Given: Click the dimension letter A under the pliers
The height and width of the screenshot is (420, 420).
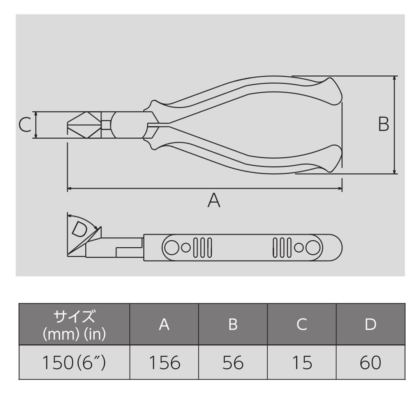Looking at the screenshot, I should [214, 201].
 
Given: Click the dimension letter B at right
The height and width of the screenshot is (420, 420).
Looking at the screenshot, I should [383, 124].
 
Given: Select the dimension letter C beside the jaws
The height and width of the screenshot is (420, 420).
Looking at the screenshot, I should [25, 125].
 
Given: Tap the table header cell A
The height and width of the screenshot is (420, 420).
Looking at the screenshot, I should [164, 324].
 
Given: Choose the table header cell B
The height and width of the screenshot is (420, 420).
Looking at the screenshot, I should [233, 324].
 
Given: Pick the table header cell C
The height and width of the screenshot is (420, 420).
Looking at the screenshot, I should [302, 324].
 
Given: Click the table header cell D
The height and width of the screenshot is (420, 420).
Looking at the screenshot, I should [370, 324].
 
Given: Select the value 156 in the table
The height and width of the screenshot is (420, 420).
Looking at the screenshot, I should [164, 363].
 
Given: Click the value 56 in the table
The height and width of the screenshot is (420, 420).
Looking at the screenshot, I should [233, 363].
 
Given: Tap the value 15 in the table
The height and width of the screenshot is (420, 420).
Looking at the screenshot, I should [302, 363].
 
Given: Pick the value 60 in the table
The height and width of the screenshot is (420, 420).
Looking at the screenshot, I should [370, 363].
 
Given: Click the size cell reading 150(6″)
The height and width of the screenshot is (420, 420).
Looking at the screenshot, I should [74, 363].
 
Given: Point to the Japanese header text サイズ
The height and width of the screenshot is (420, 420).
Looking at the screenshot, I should [74, 317].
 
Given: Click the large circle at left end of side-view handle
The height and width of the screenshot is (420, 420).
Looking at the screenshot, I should [171, 247].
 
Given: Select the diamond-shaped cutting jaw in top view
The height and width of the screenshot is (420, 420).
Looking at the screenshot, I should [84, 125].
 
